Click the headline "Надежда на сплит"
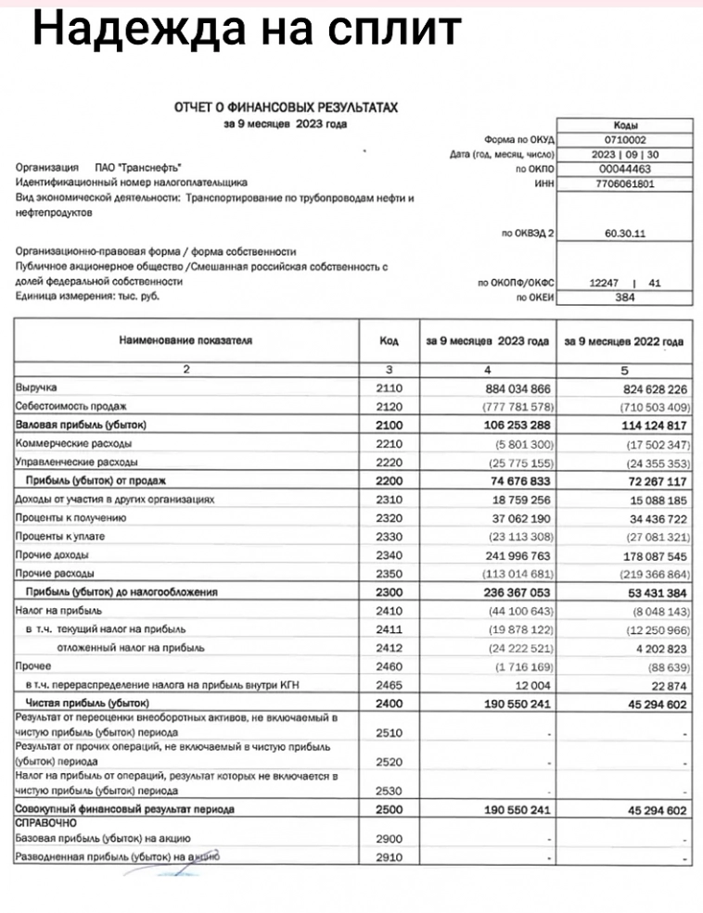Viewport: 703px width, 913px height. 247,30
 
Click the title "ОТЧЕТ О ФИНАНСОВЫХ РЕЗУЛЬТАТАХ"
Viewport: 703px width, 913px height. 287,108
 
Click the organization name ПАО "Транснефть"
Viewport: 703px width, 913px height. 140,170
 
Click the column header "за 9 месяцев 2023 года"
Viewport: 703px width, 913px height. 488,341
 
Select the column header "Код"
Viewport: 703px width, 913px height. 390,341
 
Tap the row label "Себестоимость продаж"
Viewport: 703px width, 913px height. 70,407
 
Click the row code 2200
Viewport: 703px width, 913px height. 390,480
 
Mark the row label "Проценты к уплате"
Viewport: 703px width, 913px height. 60,536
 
